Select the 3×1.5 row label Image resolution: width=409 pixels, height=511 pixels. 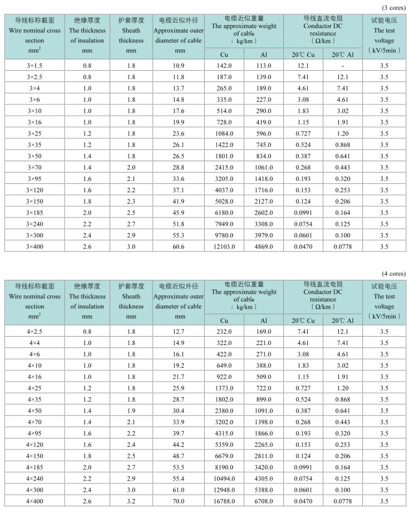[34, 65]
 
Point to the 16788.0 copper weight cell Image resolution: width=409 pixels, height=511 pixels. [225, 501]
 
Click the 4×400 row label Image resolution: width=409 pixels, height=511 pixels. [34, 501]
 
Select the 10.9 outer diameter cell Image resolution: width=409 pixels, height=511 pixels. [178, 65]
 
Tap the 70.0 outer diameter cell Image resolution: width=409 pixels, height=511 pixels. [178, 501]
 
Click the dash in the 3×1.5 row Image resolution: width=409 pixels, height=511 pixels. [343, 65]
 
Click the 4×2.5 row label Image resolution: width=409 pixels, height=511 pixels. [34, 331]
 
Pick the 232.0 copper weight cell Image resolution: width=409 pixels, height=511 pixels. [225, 331]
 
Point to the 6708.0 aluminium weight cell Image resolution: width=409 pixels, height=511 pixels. [263, 501]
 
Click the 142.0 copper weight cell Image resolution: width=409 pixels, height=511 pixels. [225, 65]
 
